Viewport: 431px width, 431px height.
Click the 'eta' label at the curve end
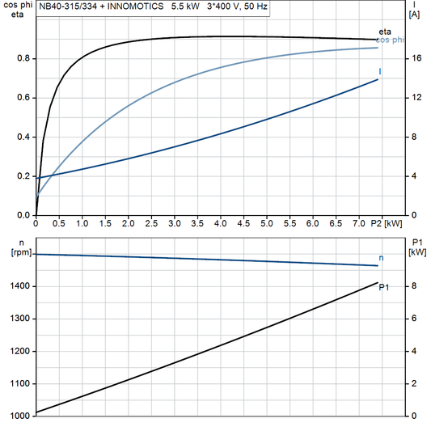pyautogui.click(x=385, y=32)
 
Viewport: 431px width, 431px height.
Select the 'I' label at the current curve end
pyautogui.click(x=380, y=73)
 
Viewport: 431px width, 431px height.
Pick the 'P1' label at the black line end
pyautogui.click(x=384, y=286)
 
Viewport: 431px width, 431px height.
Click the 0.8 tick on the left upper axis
pyautogui.click(x=23, y=58)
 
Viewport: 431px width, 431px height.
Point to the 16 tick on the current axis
pyautogui.click(x=414, y=58)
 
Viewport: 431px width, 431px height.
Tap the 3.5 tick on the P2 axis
pyautogui.click(x=196, y=223)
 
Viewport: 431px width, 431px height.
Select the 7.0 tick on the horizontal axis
pyautogui.click(x=358, y=223)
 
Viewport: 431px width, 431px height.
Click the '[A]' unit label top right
pyautogui.click(x=414, y=15)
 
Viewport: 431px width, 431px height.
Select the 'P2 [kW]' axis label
pyautogui.click(x=386, y=223)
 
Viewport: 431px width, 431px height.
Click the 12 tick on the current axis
pyautogui.click(x=414, y=98)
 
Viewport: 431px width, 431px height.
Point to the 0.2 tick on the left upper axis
pyautogui.click(x=23, y=175)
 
